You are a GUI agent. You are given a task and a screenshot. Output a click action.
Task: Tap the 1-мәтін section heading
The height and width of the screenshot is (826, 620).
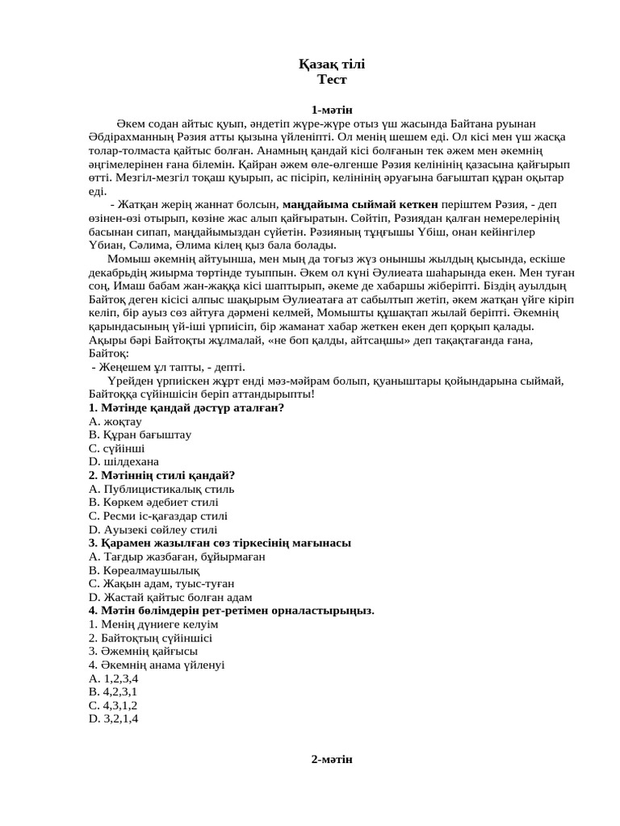click(332, 110)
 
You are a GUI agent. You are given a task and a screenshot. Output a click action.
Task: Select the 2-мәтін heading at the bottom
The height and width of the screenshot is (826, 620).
click(332, 759)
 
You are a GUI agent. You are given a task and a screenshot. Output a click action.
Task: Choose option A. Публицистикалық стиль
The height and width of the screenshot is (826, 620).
click(161, 489)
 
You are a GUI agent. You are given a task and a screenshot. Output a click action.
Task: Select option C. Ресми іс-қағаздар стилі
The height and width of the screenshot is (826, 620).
click(158, 516)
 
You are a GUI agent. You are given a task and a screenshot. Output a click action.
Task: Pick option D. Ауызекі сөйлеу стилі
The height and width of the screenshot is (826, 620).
click(153, 530)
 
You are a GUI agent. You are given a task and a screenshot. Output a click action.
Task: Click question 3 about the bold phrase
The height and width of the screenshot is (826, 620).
click(220, 544)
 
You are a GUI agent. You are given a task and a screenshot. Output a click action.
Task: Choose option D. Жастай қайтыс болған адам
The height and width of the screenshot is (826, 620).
click(170, 598)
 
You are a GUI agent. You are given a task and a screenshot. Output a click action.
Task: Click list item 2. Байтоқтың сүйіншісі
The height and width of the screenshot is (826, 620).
click(145, 638)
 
